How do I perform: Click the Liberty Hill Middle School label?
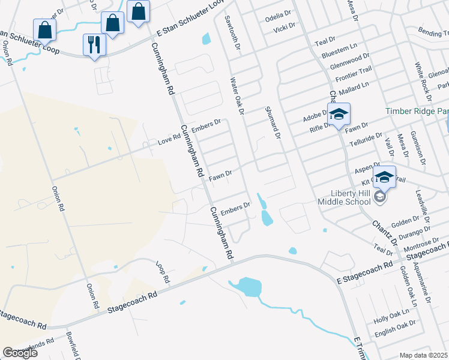point(351,197)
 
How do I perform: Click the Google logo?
point(20,353)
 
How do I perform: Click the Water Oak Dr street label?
point(237,95)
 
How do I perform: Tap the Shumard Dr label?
point(273,124)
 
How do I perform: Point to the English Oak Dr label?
point(394,326)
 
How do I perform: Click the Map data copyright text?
point(424,355)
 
